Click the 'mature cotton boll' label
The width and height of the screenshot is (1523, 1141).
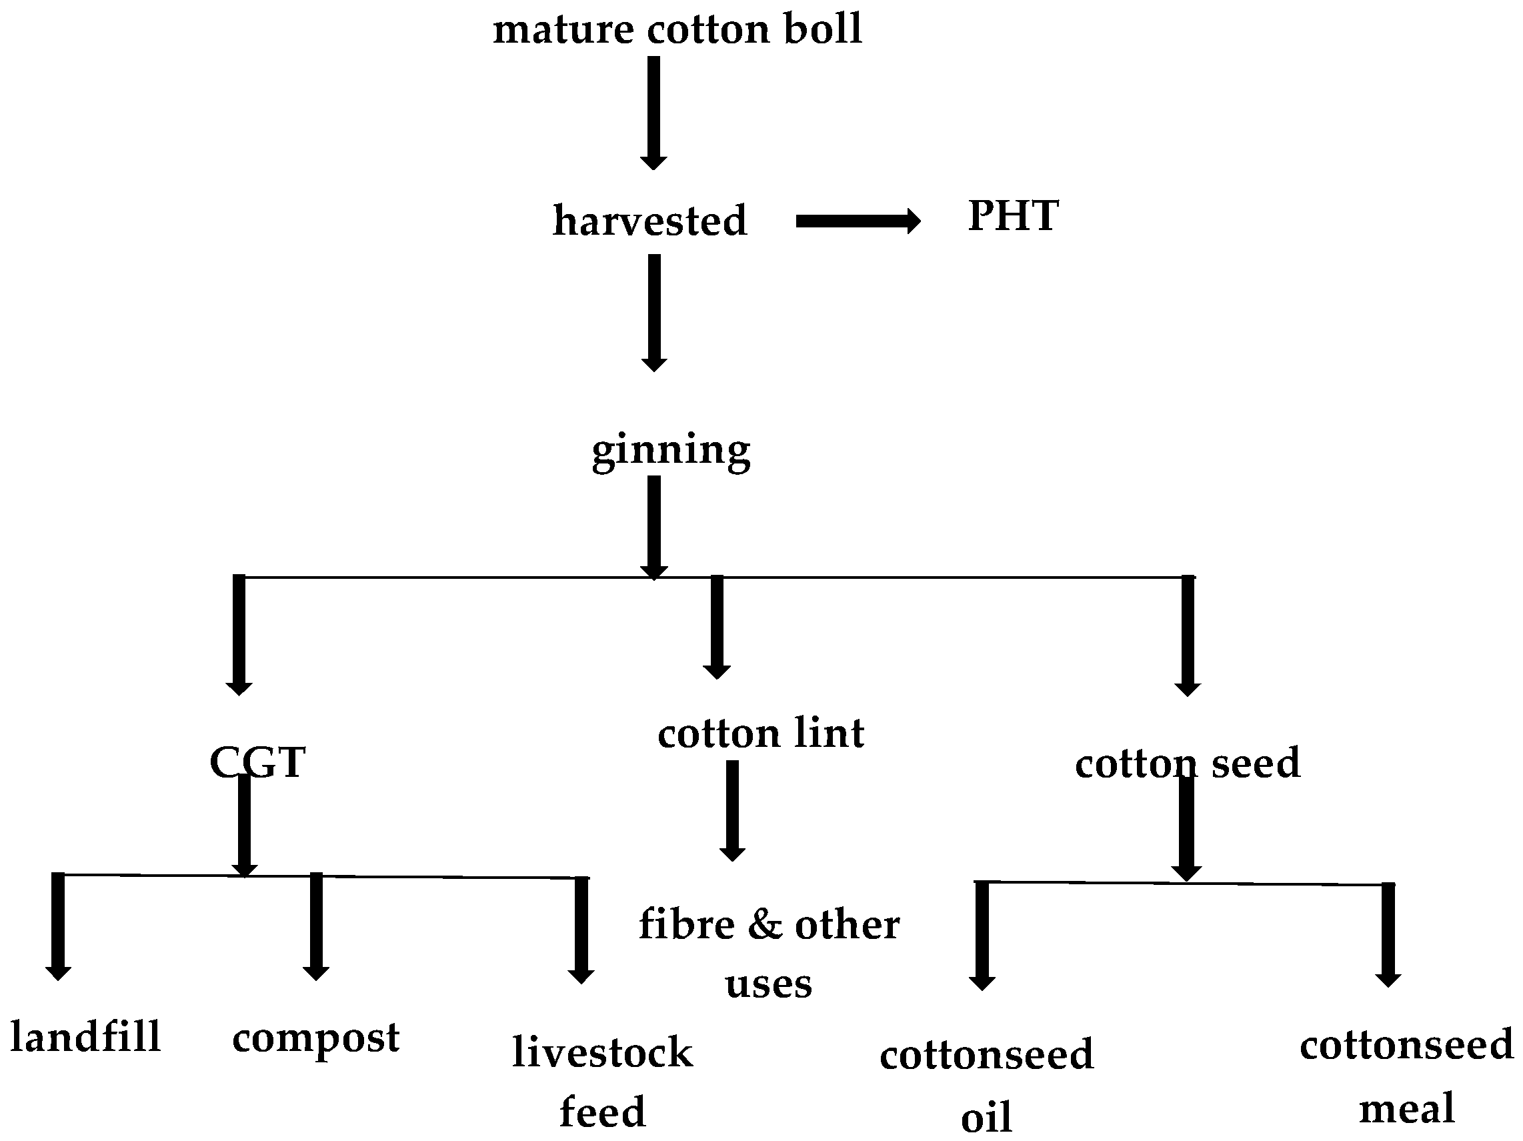click(x=677, y=29)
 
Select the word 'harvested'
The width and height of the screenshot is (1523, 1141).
click(x=649, y=221)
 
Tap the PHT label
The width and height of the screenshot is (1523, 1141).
click(x=1013, y=216)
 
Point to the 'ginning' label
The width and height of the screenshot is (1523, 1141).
click(x=671, y=451)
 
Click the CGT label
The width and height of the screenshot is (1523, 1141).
click(x=257, y=762)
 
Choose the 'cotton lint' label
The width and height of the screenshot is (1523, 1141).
click(x=760, y=734)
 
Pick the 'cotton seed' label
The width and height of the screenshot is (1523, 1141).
click(x=1187, y=763)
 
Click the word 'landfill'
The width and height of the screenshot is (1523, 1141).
click(x=85, y=1037)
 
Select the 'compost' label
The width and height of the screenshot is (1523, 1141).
click(x=315, y=1038)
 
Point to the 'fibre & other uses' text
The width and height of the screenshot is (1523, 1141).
click(x=768, y=953)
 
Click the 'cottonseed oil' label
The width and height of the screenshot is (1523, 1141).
click(x=986, y=1084)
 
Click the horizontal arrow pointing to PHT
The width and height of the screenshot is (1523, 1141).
click(x=858, y=221)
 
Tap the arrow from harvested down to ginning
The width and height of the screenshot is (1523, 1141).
click(x=653, y=313)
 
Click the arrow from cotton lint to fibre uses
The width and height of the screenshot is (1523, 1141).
click(x=732, y=810)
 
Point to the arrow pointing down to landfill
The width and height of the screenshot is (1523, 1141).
click(x=58, y=926)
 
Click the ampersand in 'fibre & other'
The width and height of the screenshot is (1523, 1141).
click(x=765, y=924)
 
